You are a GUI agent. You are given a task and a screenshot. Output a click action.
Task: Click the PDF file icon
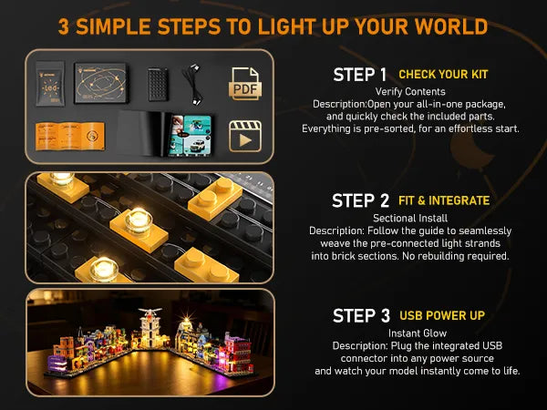(245, 84)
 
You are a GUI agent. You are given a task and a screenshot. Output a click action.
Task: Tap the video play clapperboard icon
(245, 137)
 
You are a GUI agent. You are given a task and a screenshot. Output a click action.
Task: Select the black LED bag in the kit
(50, 84)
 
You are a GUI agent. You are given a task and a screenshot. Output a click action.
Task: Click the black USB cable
(193, 84)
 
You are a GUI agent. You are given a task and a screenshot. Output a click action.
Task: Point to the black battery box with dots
(158, 84)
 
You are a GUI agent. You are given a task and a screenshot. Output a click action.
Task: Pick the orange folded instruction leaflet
(70, 136)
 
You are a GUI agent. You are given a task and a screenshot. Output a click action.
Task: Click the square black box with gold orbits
(101, 83)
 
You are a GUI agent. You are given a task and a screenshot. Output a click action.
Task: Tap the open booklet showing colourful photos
(165, 134)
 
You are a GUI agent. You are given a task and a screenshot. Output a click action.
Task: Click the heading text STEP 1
(360, 75)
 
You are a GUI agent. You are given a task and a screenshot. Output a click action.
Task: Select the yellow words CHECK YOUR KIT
(443, 75)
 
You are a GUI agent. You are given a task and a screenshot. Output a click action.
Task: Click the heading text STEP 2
(360, 200)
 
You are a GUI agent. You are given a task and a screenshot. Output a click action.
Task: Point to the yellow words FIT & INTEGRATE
(444, 200)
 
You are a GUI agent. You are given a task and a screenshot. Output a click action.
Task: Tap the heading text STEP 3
(361, 316)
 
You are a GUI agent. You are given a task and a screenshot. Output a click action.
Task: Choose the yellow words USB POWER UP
(442, 315)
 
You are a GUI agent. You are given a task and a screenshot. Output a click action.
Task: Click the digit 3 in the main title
(64, 26)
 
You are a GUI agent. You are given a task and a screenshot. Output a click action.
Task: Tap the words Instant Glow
(418, 333)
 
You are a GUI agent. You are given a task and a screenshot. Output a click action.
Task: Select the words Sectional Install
(410, 219)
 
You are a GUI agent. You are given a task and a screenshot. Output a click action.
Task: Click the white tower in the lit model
(150, 327)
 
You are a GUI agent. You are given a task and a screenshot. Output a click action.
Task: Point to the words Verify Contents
(410, 92)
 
